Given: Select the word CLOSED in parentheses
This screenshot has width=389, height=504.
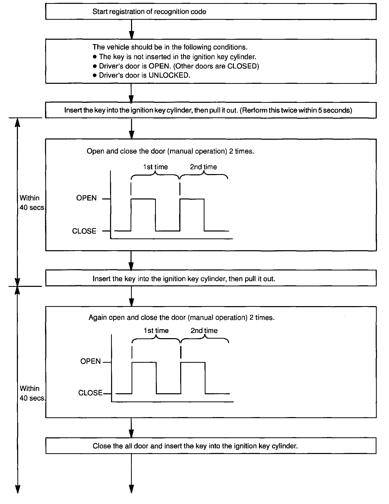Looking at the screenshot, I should click(x=242, y=66).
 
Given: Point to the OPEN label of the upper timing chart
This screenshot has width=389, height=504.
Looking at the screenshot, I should click(x=86, y=198).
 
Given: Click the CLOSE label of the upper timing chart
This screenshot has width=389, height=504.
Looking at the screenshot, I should click(x=84, y=231).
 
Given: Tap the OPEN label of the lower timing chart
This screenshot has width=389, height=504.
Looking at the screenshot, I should click(x=90, y=361).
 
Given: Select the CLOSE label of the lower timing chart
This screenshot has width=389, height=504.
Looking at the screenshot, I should click(x=90, y=393).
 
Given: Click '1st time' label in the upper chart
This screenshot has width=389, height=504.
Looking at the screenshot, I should click(x=155, y=167).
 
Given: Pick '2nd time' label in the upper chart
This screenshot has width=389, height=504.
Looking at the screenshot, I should click(x=203, y=167).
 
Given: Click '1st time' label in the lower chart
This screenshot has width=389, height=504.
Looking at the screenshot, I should click(x=156, y=331).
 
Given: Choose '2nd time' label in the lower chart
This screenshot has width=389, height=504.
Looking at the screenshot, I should click(x=204, y=331).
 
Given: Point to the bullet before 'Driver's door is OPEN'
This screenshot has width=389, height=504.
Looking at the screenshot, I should click(x=95, y=66).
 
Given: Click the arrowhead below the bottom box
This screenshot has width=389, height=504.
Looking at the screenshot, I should click(x=131, y=489).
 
